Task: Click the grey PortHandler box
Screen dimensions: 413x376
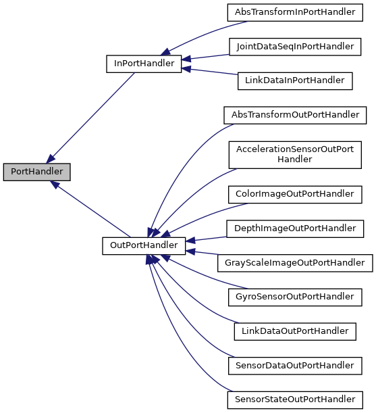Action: point(36,172)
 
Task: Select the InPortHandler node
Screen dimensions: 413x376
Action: point(144,64)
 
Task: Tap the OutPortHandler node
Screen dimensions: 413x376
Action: point(144,245)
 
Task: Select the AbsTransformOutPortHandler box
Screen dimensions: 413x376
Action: point(295,115)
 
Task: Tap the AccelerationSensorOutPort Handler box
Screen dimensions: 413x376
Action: point(294,154)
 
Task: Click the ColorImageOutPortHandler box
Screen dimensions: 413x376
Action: point(294,193)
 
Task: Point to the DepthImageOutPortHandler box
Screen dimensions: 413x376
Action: point(294,228)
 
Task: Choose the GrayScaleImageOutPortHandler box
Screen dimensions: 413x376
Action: point(294,262)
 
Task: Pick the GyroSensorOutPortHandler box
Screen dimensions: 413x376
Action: point(294,297)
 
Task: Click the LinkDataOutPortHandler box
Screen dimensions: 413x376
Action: point(294,331)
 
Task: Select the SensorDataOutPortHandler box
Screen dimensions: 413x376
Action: point(294,366)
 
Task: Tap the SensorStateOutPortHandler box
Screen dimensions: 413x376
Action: point(294,400)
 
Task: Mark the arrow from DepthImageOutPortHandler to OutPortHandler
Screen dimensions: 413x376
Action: point(206,237)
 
